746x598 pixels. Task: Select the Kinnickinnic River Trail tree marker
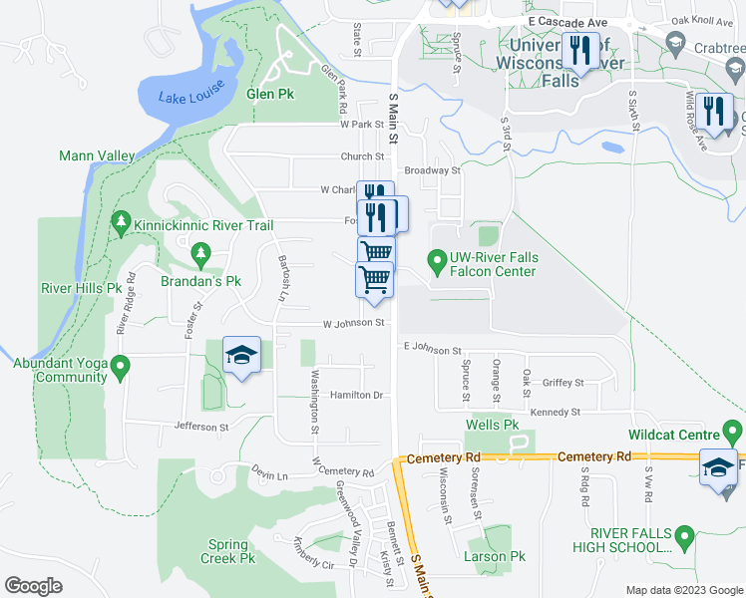pos(121,221)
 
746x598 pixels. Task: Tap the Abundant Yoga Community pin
pos(121,368)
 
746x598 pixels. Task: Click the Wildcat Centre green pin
pos(733,434)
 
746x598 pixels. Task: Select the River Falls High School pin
pos(684,539)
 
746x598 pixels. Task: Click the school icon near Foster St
pos(240,356)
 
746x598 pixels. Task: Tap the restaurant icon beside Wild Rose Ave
pos(714,111)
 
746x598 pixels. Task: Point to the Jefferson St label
pos(202,427)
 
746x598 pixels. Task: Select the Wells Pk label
pos(493,425)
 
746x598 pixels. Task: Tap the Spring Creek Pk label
pos(228,551)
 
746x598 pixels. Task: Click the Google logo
pos(34,585)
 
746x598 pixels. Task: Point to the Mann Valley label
pos(97,155)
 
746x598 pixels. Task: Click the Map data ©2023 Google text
pos(683,590)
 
